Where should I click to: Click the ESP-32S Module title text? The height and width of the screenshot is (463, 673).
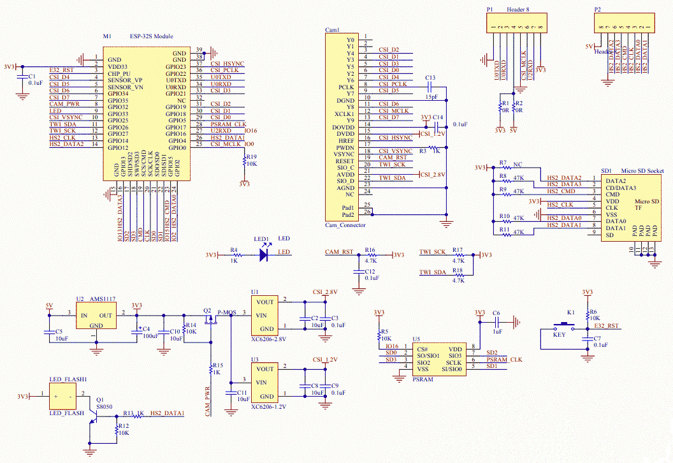(151, 36)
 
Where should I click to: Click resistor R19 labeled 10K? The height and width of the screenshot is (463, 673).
(244, 163)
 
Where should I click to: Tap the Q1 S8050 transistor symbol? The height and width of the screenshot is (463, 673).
(93, 415)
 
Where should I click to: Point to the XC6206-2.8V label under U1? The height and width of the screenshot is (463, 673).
(269, 339)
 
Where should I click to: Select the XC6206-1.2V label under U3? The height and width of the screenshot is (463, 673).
(269, 406)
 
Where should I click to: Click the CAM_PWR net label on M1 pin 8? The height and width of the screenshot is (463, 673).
(64, 103)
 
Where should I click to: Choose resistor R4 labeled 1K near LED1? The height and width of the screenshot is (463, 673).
(234, 254)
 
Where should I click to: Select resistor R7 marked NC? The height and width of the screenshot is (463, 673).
(507, 168)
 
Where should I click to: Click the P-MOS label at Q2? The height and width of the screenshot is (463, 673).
(226, 311)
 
